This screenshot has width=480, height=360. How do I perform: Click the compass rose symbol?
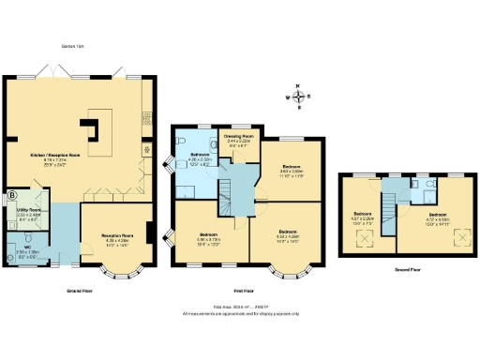coord(298,96)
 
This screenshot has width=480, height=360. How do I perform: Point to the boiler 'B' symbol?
coord(12,196)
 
